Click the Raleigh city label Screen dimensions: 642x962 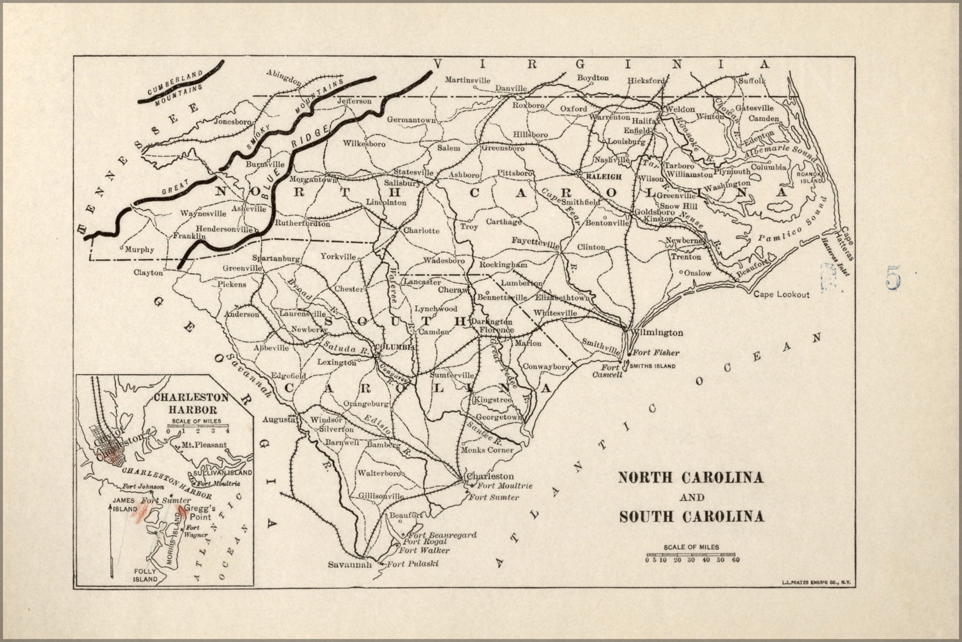click(598, 174)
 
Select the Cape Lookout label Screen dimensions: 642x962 click(781, 294)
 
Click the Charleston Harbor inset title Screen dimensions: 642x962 click(185, 404)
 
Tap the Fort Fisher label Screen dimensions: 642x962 click(656, 353)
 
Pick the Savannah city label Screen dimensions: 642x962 click(349, 565)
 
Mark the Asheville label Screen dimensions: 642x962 click(249, 208)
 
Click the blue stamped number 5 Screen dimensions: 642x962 click(892, 277)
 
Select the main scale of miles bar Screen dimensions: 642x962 click(691, 554)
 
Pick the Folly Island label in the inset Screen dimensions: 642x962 click(145, 575)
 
